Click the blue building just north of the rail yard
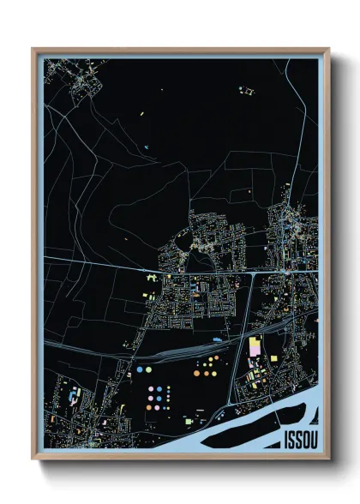[217, 339]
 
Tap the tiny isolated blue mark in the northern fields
[147, 147]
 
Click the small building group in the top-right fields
[249, 89]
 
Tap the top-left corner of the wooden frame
[33, 49]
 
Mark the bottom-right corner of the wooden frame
[328, 460]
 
